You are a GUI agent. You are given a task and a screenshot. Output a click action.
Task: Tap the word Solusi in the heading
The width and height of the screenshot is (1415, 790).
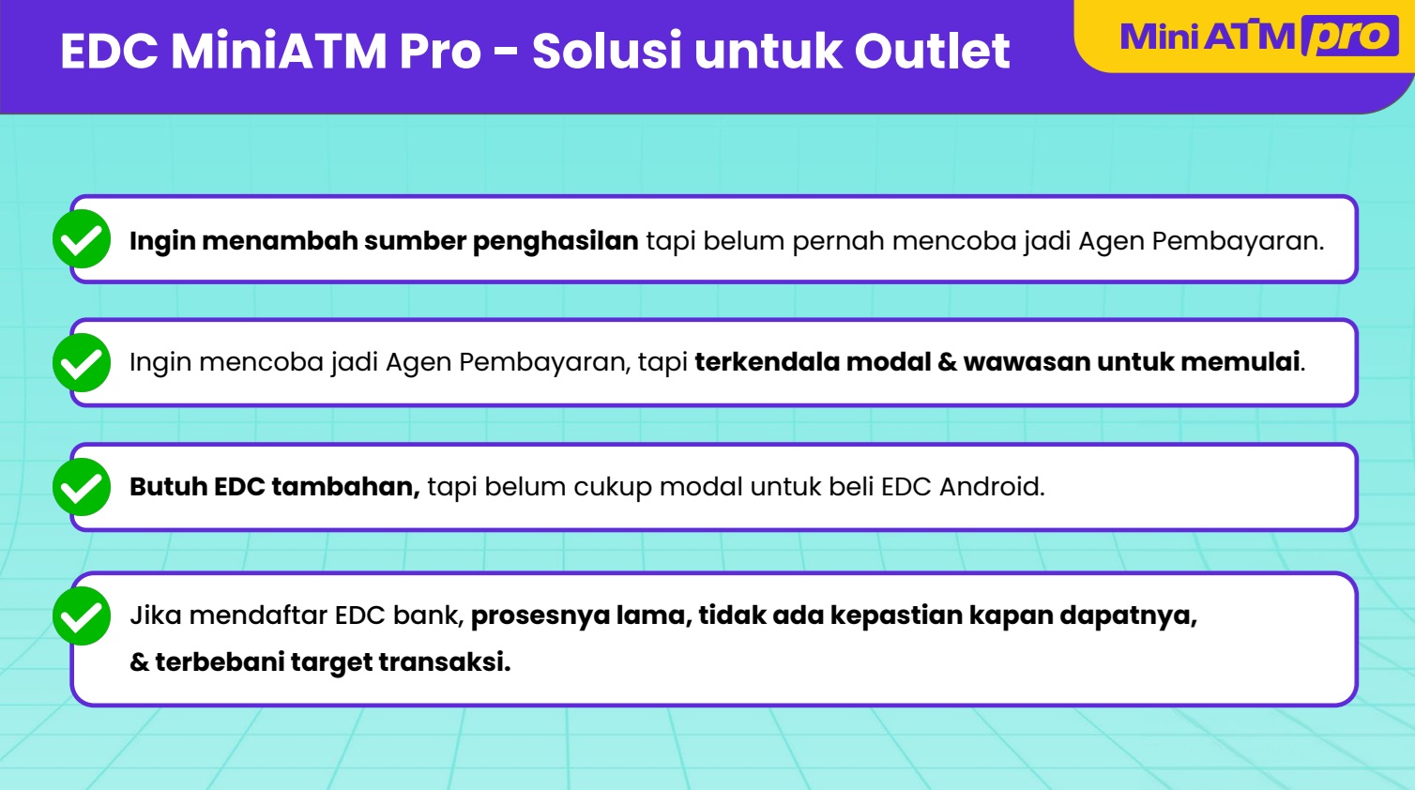606,50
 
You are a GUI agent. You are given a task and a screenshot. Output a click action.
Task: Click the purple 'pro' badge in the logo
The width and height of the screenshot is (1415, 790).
1350,37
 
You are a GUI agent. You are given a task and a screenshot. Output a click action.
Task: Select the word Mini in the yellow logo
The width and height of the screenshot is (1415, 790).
1159,36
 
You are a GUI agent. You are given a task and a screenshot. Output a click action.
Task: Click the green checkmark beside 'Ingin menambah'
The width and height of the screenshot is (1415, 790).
82,238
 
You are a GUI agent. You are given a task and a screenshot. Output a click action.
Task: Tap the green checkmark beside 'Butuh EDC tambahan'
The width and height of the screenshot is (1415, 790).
82,487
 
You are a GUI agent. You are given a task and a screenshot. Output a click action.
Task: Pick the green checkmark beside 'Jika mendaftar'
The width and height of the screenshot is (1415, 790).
82,615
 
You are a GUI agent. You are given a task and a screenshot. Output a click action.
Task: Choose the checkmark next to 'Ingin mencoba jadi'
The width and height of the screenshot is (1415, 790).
82,362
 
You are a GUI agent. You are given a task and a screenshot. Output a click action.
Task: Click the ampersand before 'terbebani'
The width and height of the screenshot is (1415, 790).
139,661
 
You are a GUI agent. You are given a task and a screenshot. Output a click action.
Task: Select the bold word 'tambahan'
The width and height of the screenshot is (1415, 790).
345,487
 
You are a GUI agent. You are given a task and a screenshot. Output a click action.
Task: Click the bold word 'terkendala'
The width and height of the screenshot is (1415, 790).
767,362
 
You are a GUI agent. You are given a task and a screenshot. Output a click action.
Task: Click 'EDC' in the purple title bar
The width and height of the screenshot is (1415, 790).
109,51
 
